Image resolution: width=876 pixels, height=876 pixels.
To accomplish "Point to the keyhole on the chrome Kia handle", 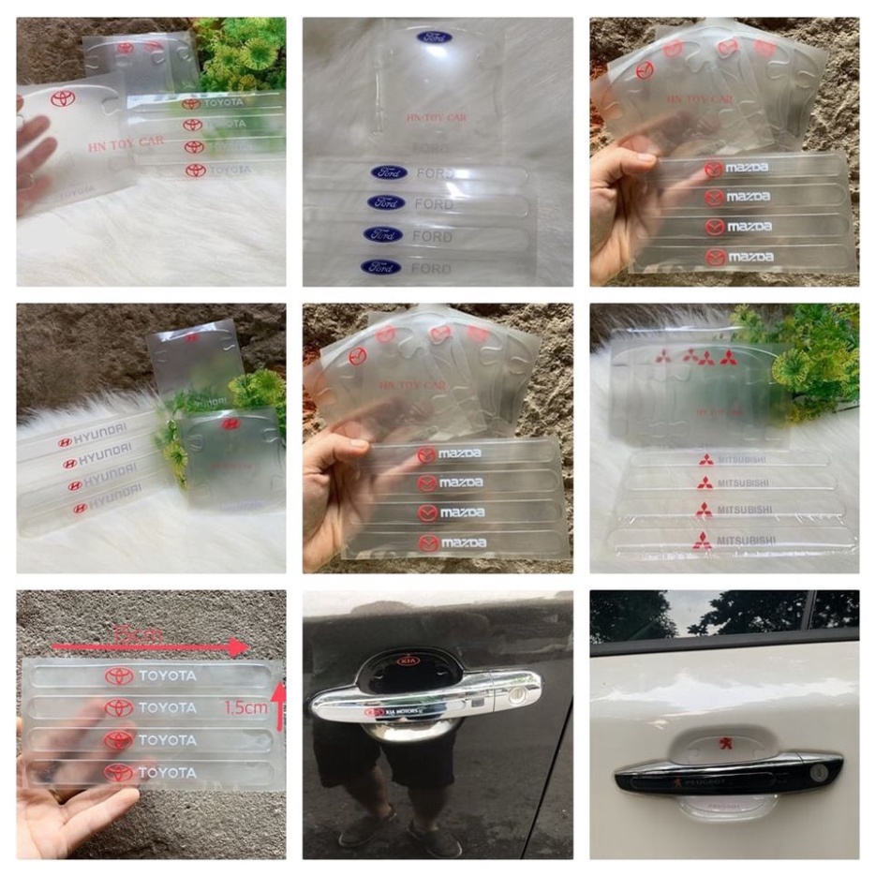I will tap(515, 695).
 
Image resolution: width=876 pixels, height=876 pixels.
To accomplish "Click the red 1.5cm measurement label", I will tap(245, 708).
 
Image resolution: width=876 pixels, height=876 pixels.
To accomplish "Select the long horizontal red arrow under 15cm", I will tap(150, 646).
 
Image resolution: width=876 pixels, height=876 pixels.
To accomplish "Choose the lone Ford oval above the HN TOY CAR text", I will tap(434, 37).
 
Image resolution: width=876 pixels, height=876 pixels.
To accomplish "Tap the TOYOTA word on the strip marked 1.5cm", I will tap(168, 707).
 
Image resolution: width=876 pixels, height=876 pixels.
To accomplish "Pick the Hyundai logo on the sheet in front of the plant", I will tap(229, 423).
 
